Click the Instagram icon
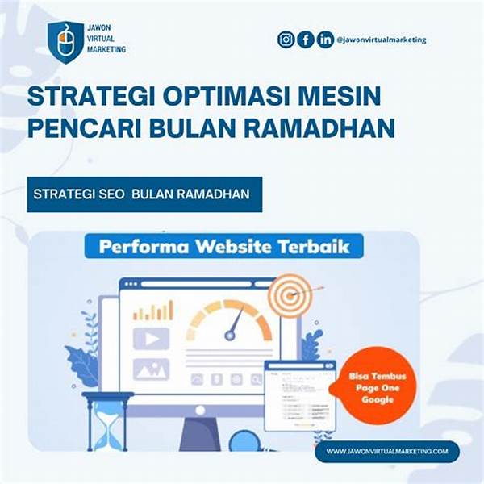coord(286,40)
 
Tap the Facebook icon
coord(306,40)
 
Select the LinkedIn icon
coord(325,40)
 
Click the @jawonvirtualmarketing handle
coord(382,40)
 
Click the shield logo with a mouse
coord(65,42)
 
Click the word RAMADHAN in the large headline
coord(319,127)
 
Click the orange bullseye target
coord(290,295)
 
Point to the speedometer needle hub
coord(230,336)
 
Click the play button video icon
coord(151,339)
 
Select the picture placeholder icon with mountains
coord(151,369)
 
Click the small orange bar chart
coord(153,311)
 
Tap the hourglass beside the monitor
coord(107,421)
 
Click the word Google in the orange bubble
coord(378,400)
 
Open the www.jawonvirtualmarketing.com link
coord(387,451)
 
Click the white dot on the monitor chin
coord(200,411)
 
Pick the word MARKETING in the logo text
coord(106,49)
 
